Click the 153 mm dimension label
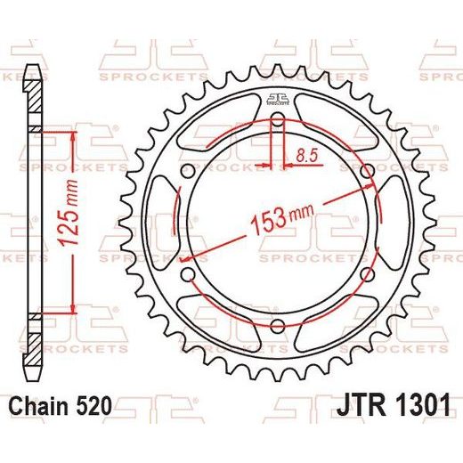click(282, 218)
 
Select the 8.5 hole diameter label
click(307, 156)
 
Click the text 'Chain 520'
click(61, 406)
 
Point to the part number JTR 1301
click(394, 405)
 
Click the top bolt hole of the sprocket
click(278, 118)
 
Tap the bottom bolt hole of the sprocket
click(278, 326)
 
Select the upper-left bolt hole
click(188, 171)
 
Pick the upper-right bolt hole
click(368, 171)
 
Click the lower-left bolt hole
click(188, 274)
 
